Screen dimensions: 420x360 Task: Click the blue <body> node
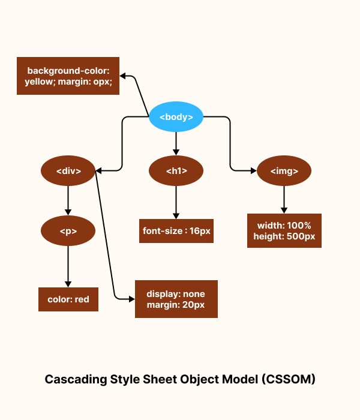176,117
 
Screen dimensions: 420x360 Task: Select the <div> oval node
68,171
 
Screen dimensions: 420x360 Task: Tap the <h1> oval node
176,171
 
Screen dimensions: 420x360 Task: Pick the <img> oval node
284,171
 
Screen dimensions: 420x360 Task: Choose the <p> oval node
68,231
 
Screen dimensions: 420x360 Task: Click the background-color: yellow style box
68,76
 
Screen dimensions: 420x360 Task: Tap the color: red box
68,299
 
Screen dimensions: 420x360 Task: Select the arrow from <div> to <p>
68,200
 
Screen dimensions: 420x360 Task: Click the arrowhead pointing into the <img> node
253,171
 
